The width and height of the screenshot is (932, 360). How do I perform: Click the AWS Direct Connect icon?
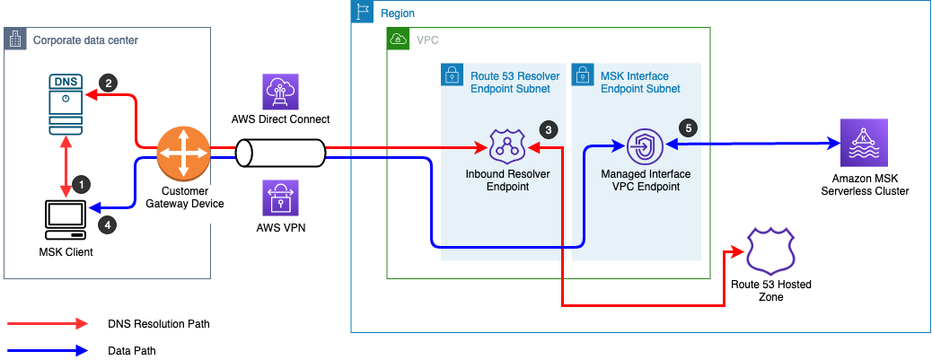point(280,92)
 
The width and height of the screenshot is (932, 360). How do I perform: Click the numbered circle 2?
point(108,83)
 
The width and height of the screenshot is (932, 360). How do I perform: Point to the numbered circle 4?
point(107,226)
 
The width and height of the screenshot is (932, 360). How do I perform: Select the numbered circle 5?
point(689,127)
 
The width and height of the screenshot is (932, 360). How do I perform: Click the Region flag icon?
point(362,13)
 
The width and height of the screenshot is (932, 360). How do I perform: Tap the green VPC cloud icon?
point(397,40)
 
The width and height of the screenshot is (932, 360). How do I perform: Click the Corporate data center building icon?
point(16,40)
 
